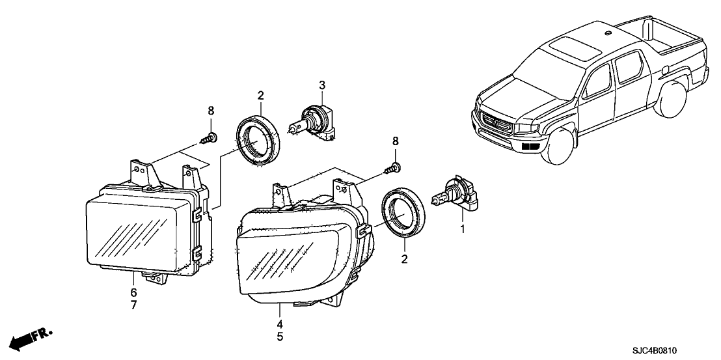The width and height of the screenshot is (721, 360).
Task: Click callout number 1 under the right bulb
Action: coord(463,230)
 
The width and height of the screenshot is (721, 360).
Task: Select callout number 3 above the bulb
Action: coord(321,85)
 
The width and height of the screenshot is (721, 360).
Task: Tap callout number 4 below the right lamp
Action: coord(280,324)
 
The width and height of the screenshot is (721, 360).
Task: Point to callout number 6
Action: coord(133,292)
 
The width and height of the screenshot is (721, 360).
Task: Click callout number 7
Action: coord(133,305)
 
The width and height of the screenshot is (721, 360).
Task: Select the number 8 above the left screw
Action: coord(210,111)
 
